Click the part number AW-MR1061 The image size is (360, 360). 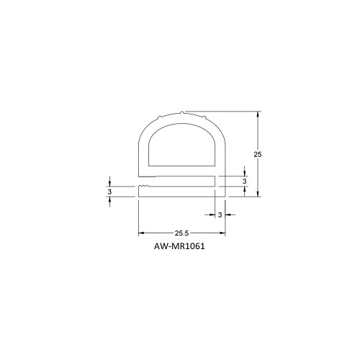pyautogui.click(x=179, y=246)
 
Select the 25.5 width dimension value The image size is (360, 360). pyautogui.click(x=181, y=233)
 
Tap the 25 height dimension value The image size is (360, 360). pyautogui.click(x=258, y=155)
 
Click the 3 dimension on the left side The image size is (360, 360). pyautogui.click(x=109, y=192)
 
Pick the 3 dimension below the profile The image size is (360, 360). pyautogui.click(x=220, y=215)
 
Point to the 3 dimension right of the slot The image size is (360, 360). pyautogui.click(x=244, y=181)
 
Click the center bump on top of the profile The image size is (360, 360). pyautogui.click(x=182, y=112)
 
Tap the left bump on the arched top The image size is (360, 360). pyautogui.click(x=159, y=117)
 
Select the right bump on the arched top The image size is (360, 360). pyautogui.click(x=204, y=117)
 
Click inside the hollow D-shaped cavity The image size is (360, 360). pyautogui.click(x=182, y=146)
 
